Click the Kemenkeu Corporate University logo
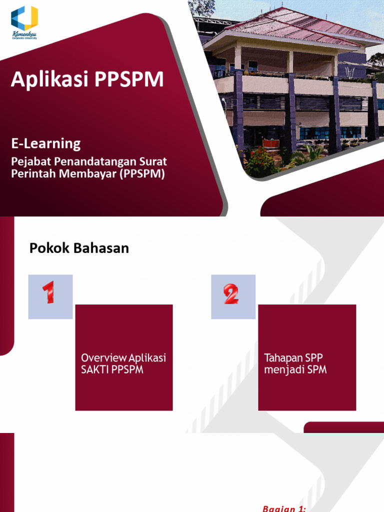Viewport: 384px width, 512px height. (24, 22)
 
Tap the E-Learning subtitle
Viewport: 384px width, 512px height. (46, 144)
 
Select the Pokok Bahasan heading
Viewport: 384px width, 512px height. (79, 248)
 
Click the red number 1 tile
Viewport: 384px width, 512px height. (50, 296)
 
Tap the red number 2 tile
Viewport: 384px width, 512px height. (233, 296)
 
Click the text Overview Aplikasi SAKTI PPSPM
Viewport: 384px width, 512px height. (123, 364)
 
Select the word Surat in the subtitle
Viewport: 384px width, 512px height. (152, 162)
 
